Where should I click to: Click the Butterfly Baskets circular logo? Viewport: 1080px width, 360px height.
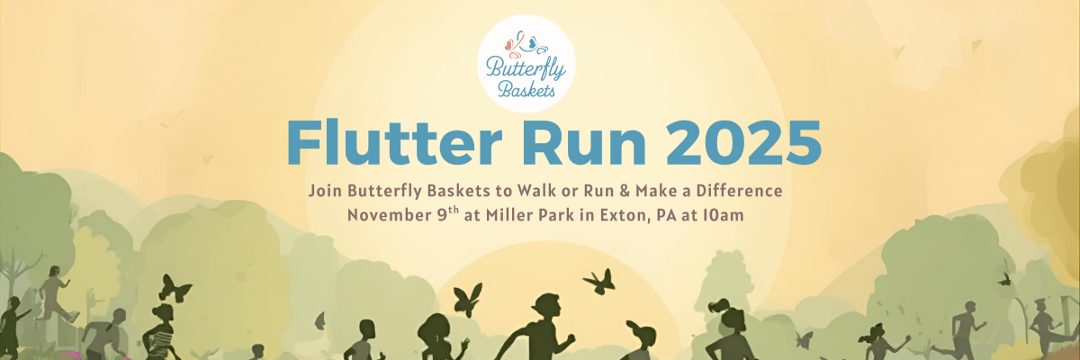(x=526, y=64)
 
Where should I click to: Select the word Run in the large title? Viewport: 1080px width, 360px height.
(x=584, y=143)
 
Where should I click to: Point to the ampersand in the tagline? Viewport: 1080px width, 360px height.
(x=625, y=191)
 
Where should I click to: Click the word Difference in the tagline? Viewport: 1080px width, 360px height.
(x=739, y=191)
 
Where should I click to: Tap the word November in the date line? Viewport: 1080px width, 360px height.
(x=389, y=215)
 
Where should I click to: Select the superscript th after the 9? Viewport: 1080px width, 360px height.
(x=454, y=211)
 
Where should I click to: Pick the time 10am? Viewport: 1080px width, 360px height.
(x=723, y=215)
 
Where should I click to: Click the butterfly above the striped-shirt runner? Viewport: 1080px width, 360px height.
(x=175, y=289)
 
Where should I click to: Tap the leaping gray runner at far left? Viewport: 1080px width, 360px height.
(x=55, y=294)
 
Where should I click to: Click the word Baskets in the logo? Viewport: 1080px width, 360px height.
(x=526, y=90)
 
